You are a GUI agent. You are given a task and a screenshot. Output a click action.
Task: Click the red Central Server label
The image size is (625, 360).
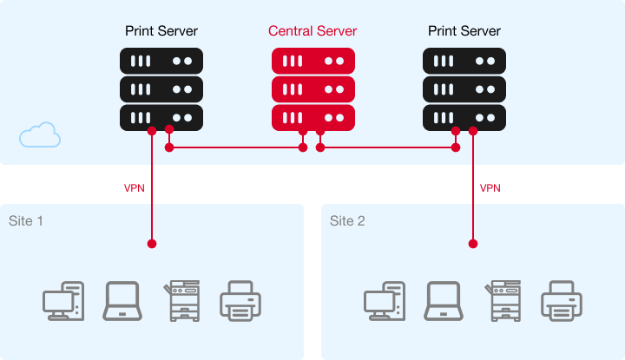[x=312, y=31]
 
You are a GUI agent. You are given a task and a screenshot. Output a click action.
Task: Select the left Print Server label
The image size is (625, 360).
[x=161, y=31]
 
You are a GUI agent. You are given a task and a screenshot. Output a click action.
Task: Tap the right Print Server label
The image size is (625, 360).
[x=464, y=31]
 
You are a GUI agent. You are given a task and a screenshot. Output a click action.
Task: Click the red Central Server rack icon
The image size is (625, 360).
[x=312, y=88]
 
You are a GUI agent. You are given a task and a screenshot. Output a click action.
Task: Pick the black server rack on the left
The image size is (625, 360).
[x=161, y=88]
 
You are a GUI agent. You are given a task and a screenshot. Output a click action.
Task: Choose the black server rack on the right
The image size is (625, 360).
[x=464, y=88]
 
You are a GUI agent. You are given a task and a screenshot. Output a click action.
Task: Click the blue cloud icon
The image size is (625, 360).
[x=40, y=135]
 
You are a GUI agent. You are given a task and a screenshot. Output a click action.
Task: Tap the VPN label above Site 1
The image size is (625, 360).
[x=135, y=188]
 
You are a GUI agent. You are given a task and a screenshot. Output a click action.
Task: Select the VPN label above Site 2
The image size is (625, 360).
[x=490, y=188]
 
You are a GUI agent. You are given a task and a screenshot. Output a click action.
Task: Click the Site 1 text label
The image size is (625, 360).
[x=26, y=221]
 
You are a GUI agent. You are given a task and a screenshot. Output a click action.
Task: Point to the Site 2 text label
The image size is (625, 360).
[x=347, y=221]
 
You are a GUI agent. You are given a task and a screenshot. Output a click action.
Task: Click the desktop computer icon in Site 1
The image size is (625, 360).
[x=64, y=301]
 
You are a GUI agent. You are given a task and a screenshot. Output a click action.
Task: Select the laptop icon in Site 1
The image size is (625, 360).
[x=122, y=301]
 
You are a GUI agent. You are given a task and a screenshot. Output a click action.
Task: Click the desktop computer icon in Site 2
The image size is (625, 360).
[x=385, y=301]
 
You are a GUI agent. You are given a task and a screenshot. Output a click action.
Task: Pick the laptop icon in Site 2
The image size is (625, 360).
[x=443, y=301]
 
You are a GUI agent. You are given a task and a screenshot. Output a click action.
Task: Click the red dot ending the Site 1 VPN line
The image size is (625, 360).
[x=152, y=244]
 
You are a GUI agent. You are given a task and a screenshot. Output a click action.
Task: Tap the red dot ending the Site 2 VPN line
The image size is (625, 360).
[x=473, y=244]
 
